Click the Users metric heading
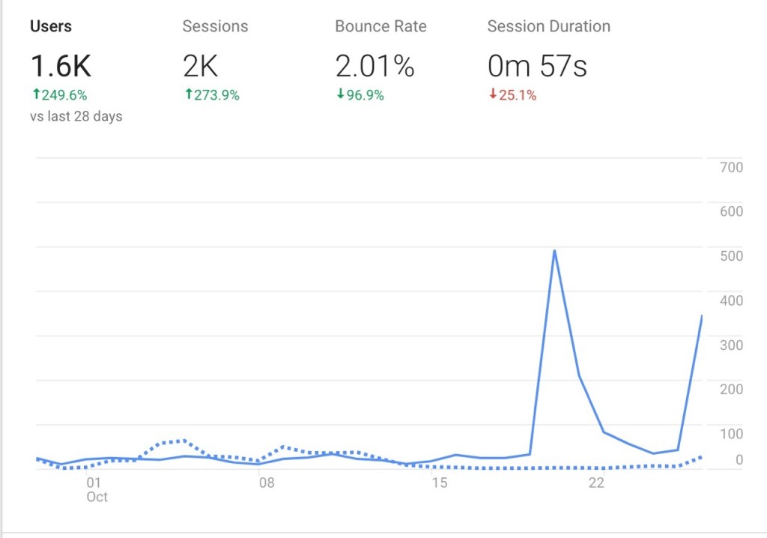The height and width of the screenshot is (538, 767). [x=51, y=26]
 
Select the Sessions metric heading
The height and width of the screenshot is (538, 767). [x=215, y=26]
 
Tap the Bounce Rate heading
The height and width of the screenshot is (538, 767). [x=381, y=26]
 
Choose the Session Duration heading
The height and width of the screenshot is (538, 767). [x=548, y=26]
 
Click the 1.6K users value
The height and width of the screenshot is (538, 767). [x=61, y=67]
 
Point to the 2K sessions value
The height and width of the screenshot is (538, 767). [x=201, y=67]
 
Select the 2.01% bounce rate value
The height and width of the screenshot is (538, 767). [x=375, y=67]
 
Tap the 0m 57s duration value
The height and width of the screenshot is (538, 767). [x=537, y=67]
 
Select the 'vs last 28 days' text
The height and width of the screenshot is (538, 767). [x=76, y=116]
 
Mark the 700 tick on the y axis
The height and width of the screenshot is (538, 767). [x=730, y=167]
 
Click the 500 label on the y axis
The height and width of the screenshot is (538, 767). [x=730, y=256]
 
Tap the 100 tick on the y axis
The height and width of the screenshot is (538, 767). [x=730, y=433]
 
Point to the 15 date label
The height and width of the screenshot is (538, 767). [x=440, y=483]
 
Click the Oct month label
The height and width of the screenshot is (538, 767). [x=97, y=497]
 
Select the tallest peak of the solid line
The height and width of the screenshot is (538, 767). [x=554, y=250]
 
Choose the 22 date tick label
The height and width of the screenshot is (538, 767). [x=596, y=483]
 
